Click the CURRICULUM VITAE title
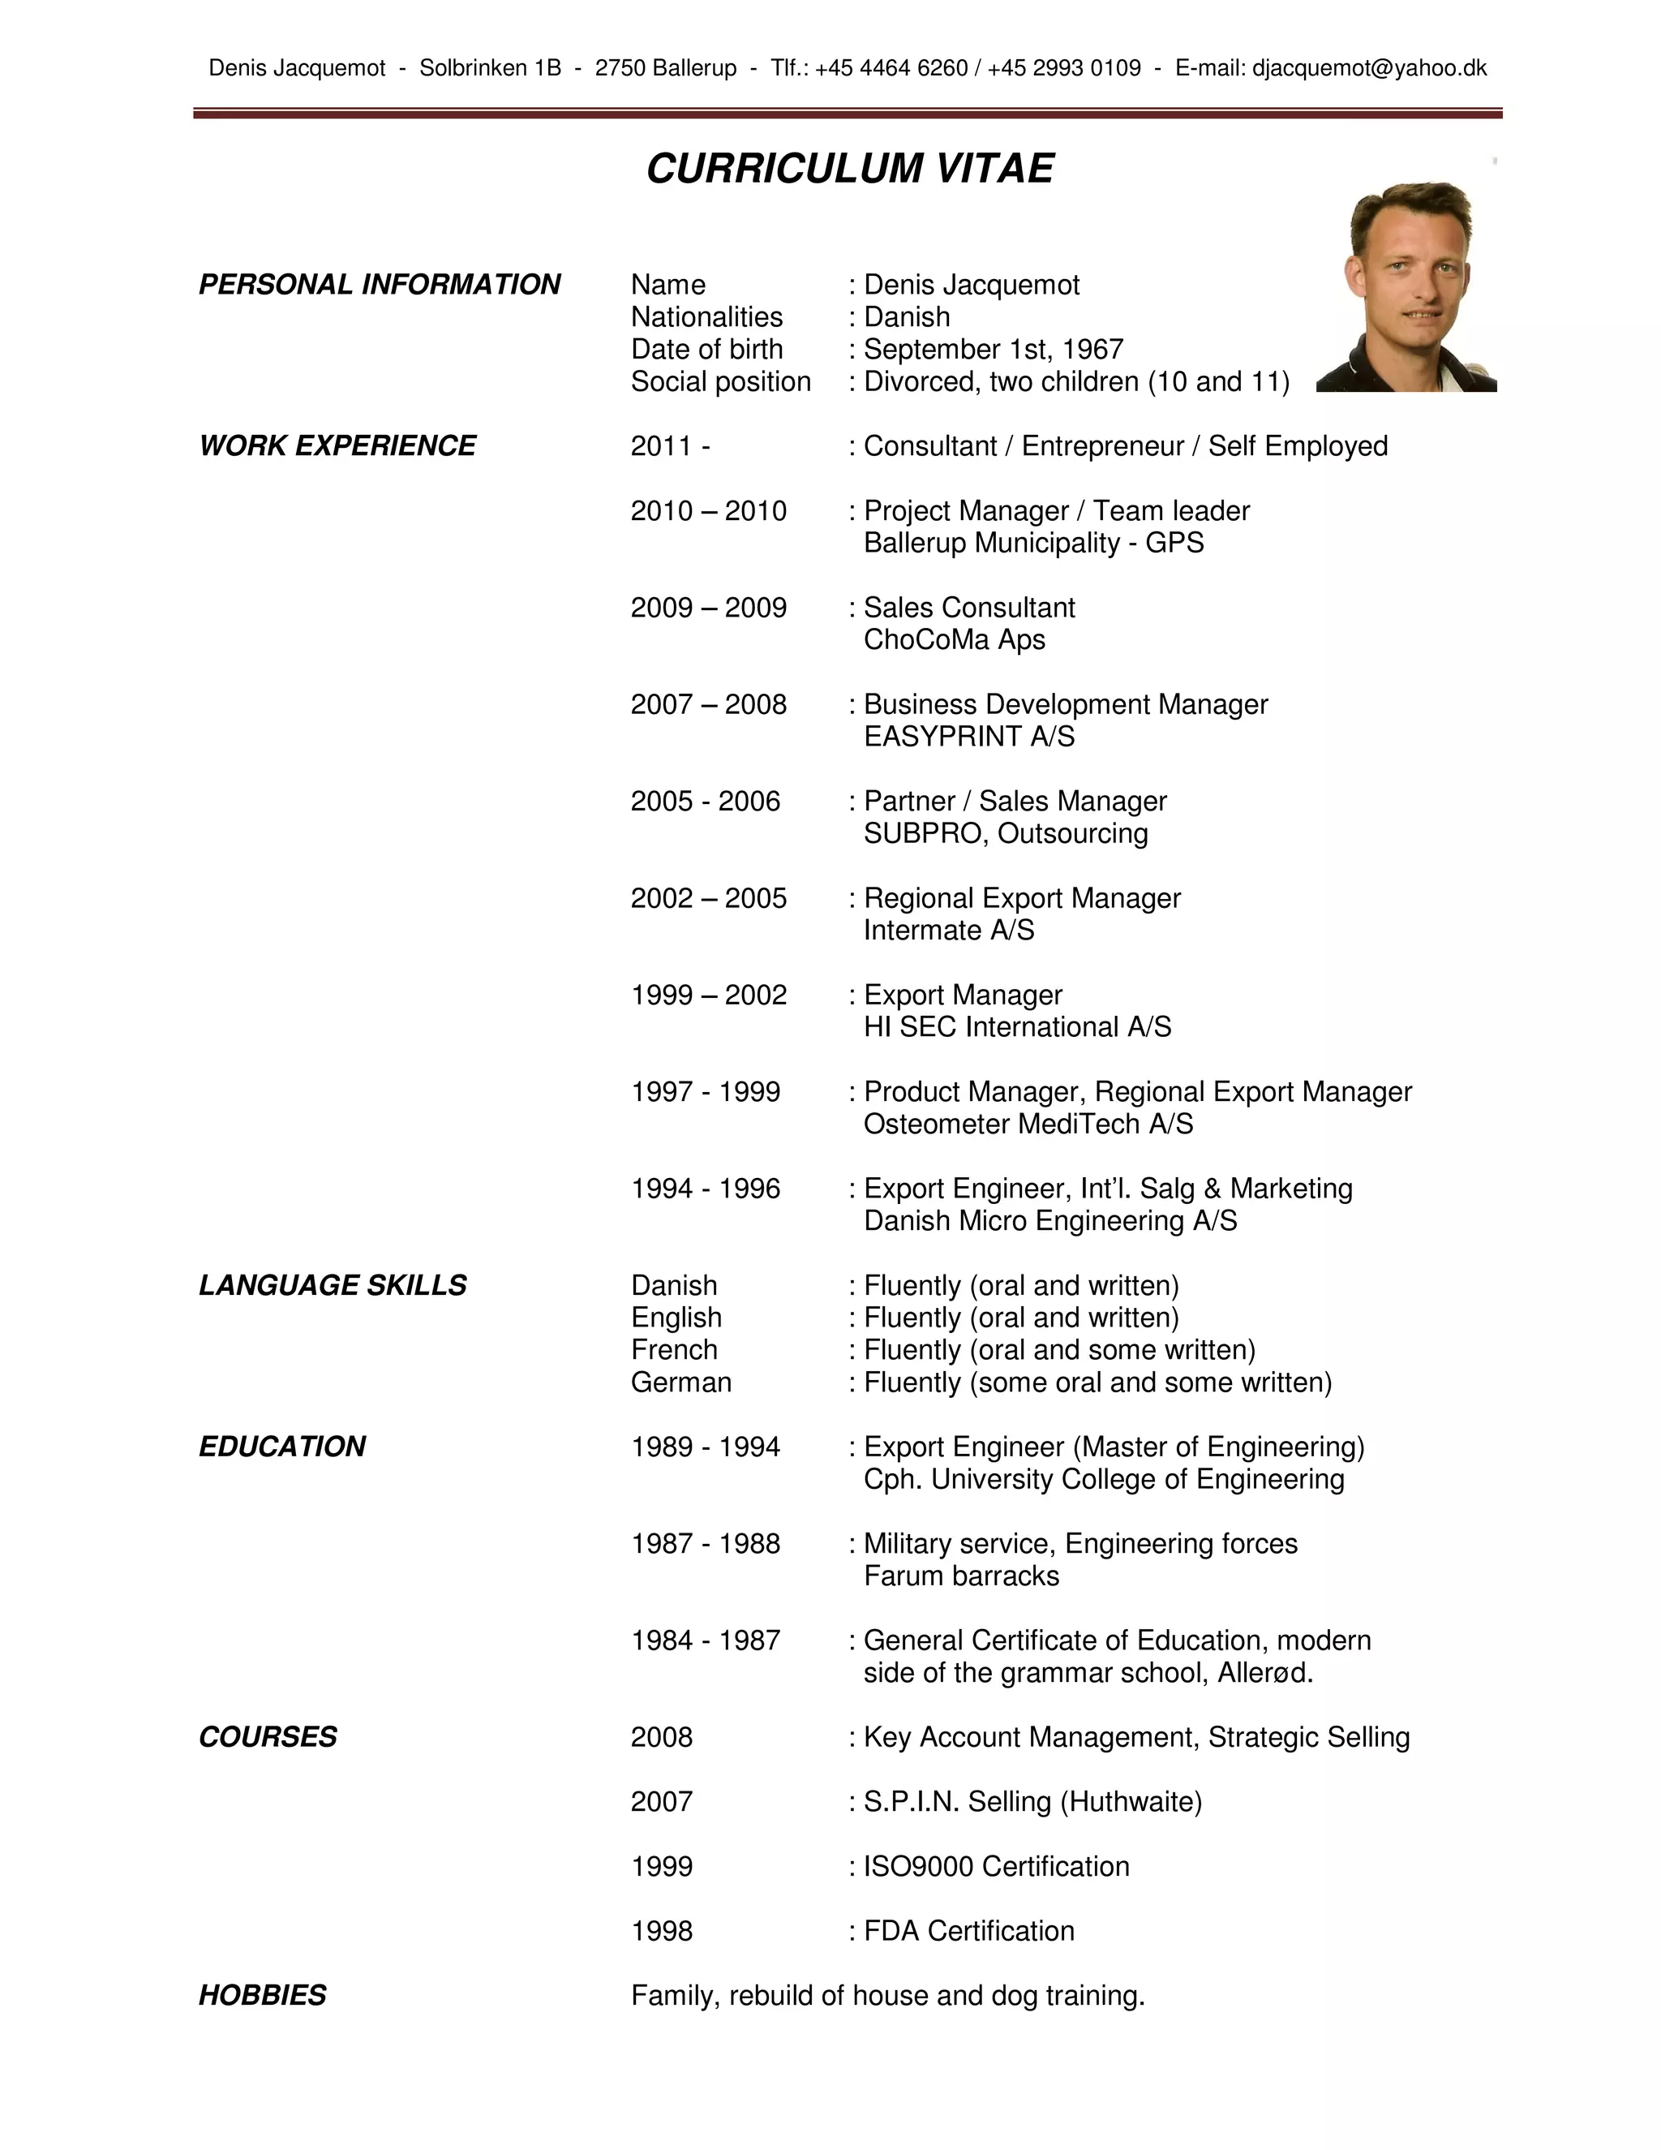coord(849,170)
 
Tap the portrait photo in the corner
coord(1406,286)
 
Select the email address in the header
coord(1369,68)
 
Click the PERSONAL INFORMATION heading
coord(379,285)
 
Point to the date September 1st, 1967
coord(993,350)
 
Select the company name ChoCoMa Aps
coord(954,640)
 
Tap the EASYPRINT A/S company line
coord(968,737)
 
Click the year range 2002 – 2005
coord(709,898)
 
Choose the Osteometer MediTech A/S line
coord(1028,1124)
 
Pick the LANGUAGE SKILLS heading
coord(333,1286)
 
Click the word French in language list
coord(674,1350)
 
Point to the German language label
coord(681,1382)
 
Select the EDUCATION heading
coord(281,1447)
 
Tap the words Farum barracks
coord(960,1576)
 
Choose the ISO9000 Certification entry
coord(996,1867)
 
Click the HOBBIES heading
coord(262,1996)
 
